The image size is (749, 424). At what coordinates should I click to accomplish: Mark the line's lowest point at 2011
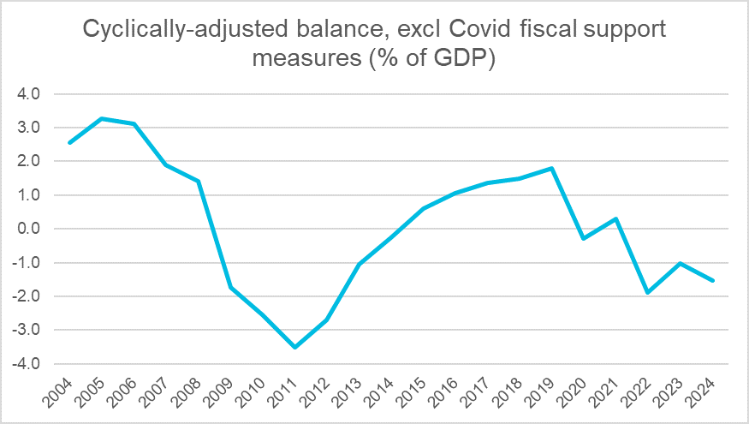[x=294, y=347]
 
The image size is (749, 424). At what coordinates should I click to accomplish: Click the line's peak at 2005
[x=101, y=118]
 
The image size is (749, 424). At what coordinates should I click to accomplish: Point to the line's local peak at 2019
[x=553, y=168]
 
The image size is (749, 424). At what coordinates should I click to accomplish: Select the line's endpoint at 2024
[x=714, y=280]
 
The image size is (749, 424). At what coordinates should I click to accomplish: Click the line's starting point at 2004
[x=68, y=142]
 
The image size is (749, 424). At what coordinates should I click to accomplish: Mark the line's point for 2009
[x=230, y=287]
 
